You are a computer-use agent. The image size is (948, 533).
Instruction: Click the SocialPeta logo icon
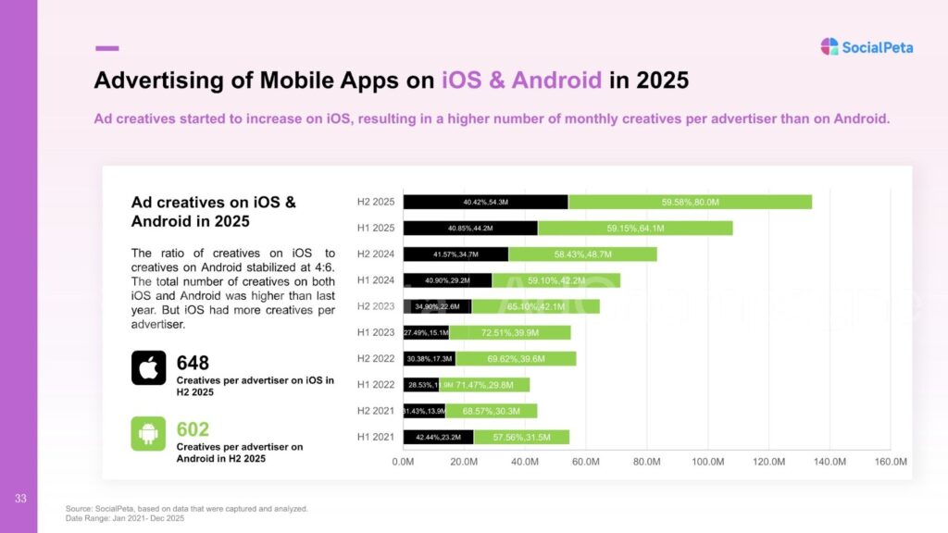click(x=829, y=46)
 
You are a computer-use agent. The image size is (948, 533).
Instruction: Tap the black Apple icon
click(x=148, y=367)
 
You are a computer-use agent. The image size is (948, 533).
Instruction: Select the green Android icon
click(x=148, y=433)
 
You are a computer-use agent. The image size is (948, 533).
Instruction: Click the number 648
click(x=193, y=363)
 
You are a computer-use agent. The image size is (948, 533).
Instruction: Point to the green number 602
click(x=193, y=429)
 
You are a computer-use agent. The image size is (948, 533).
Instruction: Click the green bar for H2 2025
click(x=690, y=202)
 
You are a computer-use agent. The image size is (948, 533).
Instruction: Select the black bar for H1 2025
click(x=470, y=228)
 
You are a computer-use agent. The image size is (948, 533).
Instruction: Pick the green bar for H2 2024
click(x=582, y=254)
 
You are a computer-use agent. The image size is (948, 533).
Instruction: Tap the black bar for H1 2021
click(x=438, y=437)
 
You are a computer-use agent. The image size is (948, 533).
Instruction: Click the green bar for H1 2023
click(x=510, y=332)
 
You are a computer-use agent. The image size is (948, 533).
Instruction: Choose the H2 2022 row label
click(x=376, y=358)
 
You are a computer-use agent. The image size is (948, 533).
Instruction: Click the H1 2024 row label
click(x=376, y=279)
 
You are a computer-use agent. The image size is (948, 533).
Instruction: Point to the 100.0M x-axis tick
click(x=707, y=461)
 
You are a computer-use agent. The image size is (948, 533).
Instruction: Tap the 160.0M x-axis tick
click(x=890, y=461)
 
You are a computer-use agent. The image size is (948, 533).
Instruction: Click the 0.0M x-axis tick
click(x=404, y=461)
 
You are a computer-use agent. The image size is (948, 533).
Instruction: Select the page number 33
click(x=19, y=500)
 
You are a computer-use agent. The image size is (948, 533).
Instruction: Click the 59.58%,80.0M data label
click(x=691, y=202)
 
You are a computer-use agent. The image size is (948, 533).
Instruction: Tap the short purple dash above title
click(x=106, y=48)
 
